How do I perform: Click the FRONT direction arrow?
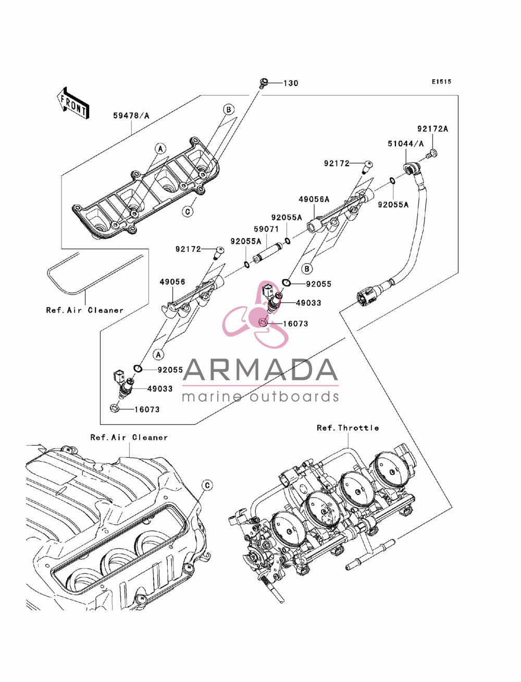point(73,103)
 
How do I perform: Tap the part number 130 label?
point(291,83)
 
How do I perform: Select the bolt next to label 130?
point(263,83)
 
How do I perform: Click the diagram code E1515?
point(441,81)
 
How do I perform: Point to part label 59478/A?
point(131,116)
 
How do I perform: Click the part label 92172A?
point(432,129)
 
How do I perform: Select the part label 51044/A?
point(405,144)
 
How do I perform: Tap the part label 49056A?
point(314,199)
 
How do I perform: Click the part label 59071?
point(266,229)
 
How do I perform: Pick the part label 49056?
point(172,282)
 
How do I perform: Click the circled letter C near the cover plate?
point(188,212)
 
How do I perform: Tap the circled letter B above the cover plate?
point(228,109)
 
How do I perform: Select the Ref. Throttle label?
point(348,428)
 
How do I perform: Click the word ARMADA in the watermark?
point(260,370)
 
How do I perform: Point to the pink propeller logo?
point(255,316)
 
